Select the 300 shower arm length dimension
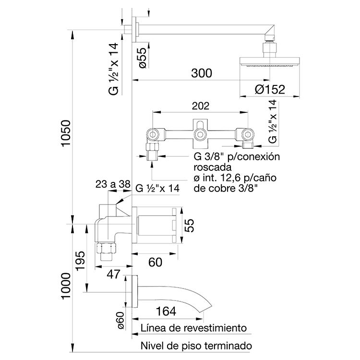click(x=201, y=73)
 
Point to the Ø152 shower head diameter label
click(x=270, y=89)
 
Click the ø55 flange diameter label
click(x=142, y=57)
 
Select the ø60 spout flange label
click(x=121, y=319)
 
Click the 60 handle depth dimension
click(x=155, y=262)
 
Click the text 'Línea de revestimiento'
click(x=194, y=328)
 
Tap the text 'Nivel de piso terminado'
click(x=196, y=346)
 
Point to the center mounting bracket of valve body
click(x=200, y=130)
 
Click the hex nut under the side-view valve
click(x=105, y=248)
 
